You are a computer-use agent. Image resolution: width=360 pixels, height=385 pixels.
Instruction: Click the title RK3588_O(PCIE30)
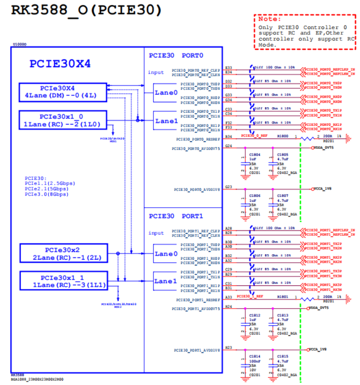86,10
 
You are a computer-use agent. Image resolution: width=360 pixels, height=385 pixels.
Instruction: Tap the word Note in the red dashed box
267,19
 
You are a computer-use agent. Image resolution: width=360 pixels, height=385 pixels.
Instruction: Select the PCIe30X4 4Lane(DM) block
63,92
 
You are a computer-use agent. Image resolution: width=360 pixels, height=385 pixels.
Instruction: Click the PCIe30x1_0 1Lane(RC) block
63,120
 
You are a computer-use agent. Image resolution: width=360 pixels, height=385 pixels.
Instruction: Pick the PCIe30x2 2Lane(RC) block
63,253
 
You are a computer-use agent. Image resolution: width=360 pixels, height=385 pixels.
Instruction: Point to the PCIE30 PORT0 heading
176,55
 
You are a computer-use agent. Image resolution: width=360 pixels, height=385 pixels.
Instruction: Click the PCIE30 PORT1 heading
176,216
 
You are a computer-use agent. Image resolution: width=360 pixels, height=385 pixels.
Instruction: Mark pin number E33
228,67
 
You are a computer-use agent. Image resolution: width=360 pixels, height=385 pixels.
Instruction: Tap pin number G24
228,146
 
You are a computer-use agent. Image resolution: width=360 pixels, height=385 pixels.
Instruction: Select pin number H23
228,348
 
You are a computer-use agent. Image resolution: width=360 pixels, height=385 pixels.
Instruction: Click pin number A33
228,297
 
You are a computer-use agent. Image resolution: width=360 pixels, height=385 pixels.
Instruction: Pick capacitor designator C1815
283,356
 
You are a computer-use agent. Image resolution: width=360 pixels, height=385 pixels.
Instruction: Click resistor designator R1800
283,135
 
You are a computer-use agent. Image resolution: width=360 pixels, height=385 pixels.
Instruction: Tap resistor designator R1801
283,297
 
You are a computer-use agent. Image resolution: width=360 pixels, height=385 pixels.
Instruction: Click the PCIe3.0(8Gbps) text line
47,194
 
